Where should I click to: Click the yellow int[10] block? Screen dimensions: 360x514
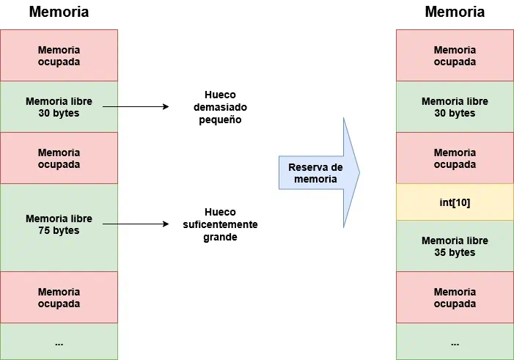[455, 202]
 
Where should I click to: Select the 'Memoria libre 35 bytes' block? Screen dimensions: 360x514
[455, 246]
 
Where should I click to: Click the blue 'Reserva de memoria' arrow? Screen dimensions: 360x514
[318, 173]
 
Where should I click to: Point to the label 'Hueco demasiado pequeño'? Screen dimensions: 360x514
[220, 107]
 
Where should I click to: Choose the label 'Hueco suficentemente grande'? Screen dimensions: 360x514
[220, 224]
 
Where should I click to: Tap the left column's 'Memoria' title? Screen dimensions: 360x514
[59, 12]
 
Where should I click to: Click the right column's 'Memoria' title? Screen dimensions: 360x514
[455, 12]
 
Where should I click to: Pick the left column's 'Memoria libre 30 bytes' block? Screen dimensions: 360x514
[59, 107]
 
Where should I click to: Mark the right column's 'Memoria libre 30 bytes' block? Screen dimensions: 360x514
[455, 107]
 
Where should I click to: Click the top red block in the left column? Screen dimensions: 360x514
[59, 56]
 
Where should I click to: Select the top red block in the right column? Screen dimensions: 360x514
[455, 56]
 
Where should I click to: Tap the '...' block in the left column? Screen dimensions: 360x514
[59, 342]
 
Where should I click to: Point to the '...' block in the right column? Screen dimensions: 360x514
[455, 342]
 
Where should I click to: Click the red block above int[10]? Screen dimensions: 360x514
[455, 158]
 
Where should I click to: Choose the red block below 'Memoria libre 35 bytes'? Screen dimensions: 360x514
[455, 298]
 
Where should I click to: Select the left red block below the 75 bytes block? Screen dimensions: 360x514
[59, 298]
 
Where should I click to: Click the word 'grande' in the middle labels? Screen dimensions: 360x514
[220, 238]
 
